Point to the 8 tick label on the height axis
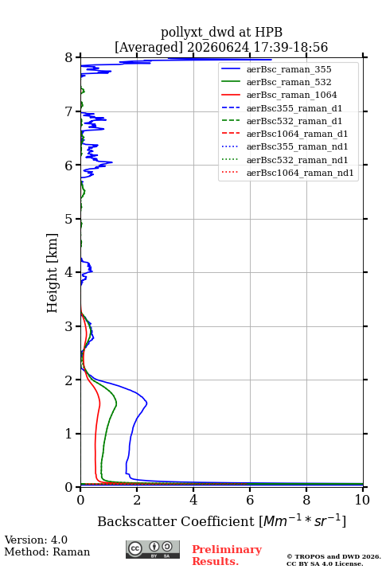tap(68, 57)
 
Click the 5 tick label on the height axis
tap(68, 219)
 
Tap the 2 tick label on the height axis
tap(68, 380)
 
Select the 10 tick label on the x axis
tap(362, 500)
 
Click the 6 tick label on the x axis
tap(250, 500)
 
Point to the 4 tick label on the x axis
tap(193, 500)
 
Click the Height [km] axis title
tap(52, 273)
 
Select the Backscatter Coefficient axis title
tap(221, 521)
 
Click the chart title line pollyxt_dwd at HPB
tap(221, 32)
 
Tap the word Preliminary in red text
tap(227, 549)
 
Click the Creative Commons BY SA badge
tap(153, 549)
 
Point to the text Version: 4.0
tap(36, 540)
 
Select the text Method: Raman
tap(47, 552)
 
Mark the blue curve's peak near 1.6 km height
tap(146, 403)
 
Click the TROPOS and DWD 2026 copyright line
tap(333, 556)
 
